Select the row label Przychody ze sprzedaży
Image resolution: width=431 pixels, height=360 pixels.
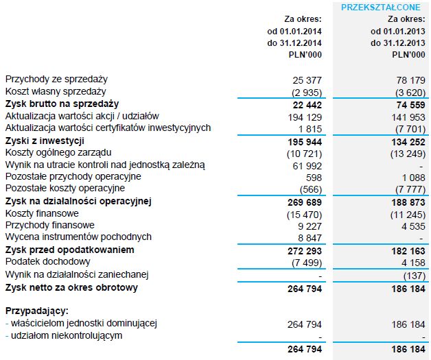point(56,80)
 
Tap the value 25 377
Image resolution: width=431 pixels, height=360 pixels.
point(307,80)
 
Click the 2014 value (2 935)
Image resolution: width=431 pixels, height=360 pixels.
point(305,92)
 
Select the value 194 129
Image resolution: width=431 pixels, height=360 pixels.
point(305,117)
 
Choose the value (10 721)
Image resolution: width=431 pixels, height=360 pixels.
point(303,153)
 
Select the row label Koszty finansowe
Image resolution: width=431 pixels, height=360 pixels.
point(42,213)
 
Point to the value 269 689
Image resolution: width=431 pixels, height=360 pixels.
point(305,202)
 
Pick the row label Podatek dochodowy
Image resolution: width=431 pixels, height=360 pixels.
point(47,262)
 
